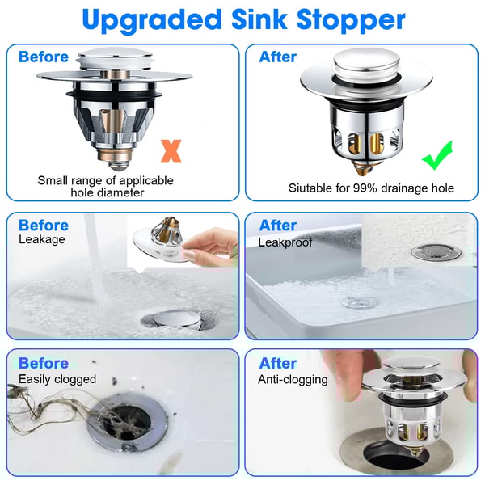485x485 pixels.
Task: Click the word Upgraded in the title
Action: pos(150,20)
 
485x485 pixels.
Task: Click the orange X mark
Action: pos(171,150)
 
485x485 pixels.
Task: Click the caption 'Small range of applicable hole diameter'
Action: pos(105,187)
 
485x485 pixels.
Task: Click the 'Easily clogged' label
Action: pos(57,378)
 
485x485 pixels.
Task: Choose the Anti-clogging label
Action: pos(293,378)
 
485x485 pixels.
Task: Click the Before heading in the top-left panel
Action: pos(44,57)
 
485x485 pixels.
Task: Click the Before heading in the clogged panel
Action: pos(44,363)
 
